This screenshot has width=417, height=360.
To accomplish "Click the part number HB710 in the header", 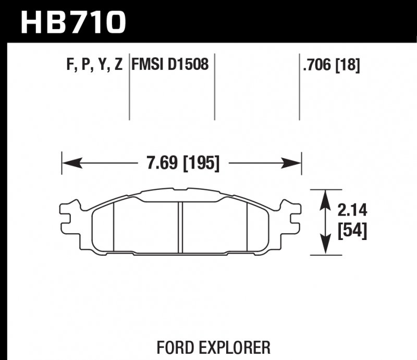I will point(73,21).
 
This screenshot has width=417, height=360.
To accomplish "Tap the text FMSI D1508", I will point(170,65).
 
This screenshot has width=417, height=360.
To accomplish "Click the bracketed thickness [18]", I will point(348,66).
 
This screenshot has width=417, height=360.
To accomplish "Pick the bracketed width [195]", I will point(200,164).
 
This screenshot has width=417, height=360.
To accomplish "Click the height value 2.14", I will point(352,211).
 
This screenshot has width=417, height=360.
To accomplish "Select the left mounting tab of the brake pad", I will point(69,219).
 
